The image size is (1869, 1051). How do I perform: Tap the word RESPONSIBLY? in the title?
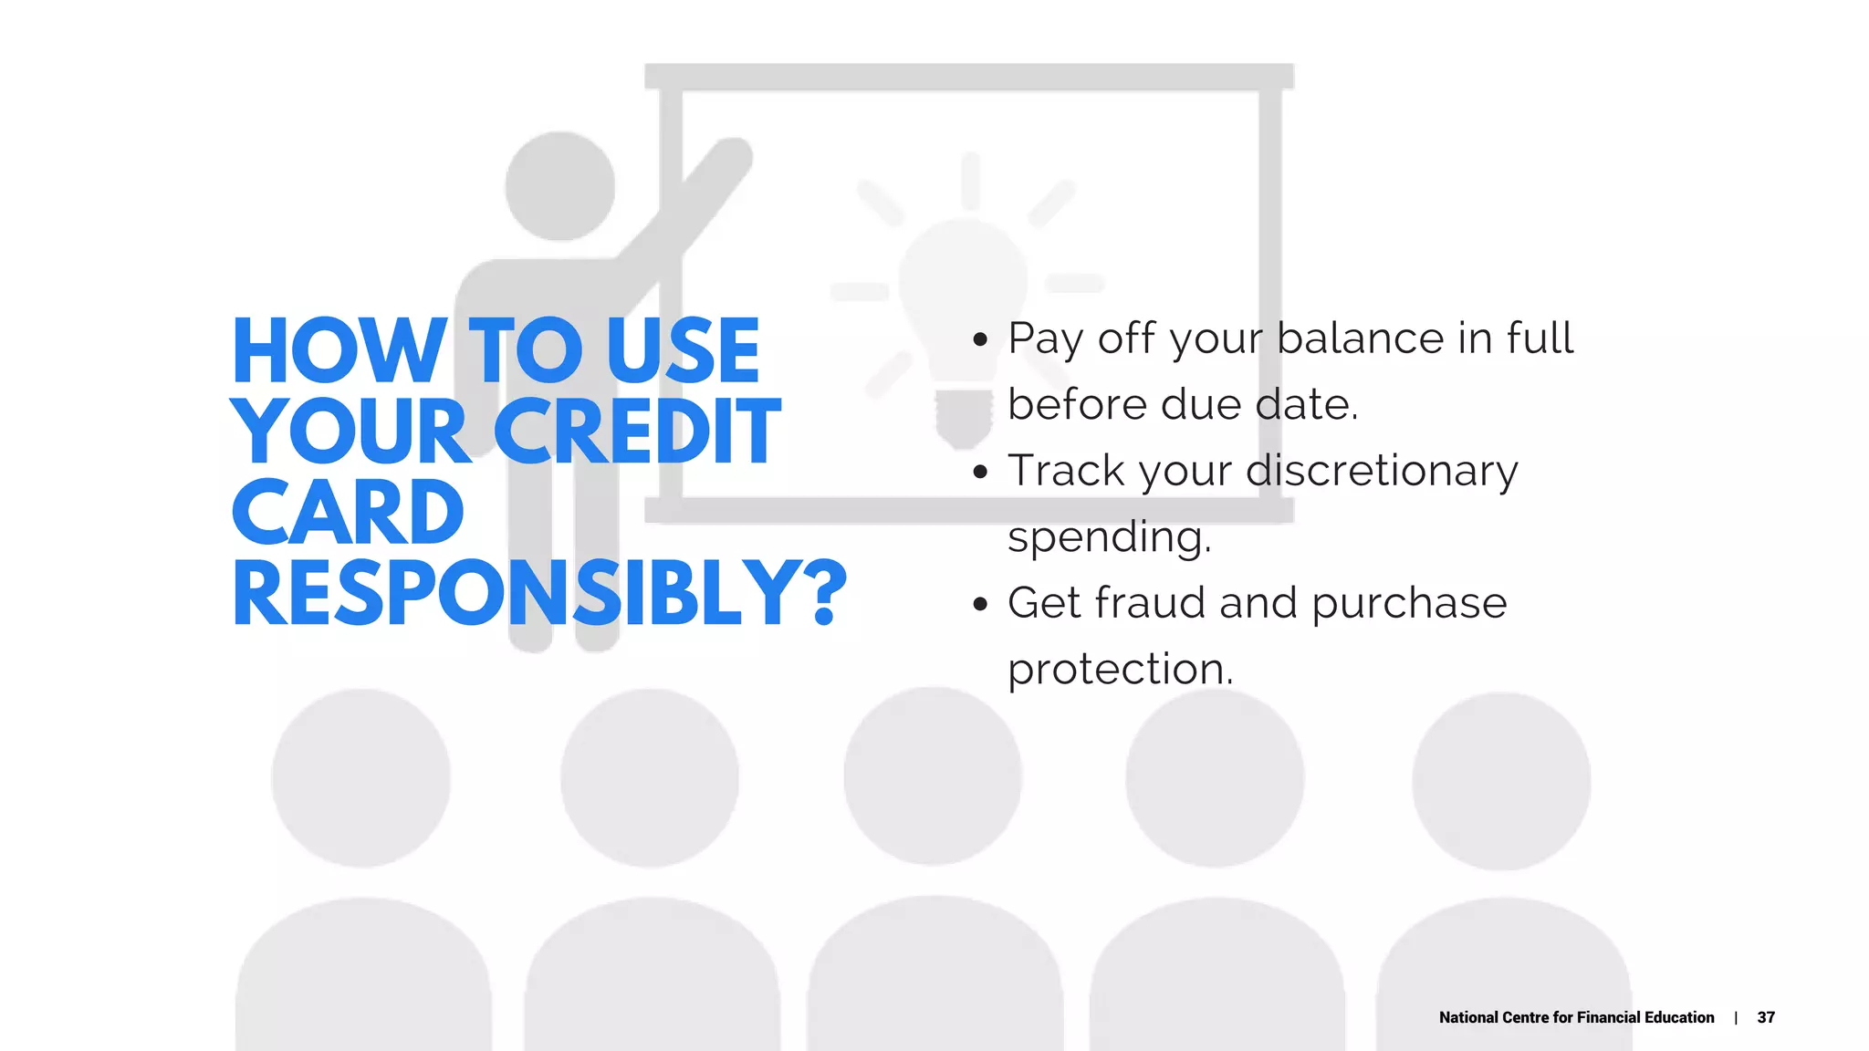tap(539, 594)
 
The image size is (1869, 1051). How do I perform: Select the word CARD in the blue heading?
tap(348, 513)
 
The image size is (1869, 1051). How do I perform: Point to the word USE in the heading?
tap(683, 351)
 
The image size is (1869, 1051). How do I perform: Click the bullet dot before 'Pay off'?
tap(981, 340)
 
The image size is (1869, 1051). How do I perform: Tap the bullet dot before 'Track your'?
tap(981, 473)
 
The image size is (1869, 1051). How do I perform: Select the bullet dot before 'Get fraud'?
tap(981, 604)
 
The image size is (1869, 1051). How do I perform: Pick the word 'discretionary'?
tap(1382, 471)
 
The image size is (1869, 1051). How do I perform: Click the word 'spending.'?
tap(1110, 536)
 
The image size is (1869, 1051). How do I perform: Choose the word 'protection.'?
tap(1121, 669)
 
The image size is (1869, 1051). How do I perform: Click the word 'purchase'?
tap(1409, 603)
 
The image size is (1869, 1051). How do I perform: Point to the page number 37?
tap(1766, 1017)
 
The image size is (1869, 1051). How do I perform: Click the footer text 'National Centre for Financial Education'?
tap(1576, 1017)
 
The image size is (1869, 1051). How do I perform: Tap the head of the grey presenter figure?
tap(560, 186)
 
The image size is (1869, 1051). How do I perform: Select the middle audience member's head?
tap(933, 776)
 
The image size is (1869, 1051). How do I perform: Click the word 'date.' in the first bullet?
tap(1307, 404)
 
